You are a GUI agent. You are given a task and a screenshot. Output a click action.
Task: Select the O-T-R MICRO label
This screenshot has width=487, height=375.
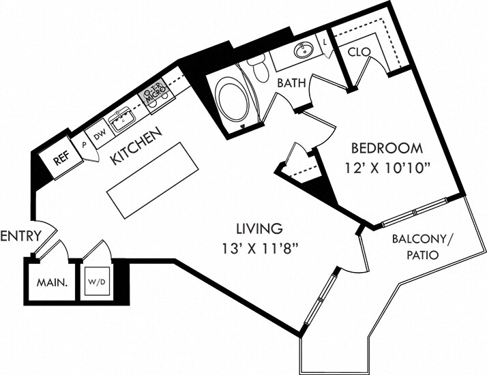(x=154, y=93)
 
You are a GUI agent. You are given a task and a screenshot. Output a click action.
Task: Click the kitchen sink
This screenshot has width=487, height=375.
(x=121, y=119)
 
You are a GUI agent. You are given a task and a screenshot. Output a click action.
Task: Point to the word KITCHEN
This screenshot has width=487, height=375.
(x=137, y=146)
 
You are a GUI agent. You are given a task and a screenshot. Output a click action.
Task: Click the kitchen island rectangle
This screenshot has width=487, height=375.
(x=153, y=181)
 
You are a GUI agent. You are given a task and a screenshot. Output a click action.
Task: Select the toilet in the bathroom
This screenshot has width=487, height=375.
(x=259, y=68)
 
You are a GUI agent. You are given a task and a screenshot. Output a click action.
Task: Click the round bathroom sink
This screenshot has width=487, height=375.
(x=304, y=50)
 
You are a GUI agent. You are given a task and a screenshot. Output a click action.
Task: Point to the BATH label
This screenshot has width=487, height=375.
(x=291, y=83)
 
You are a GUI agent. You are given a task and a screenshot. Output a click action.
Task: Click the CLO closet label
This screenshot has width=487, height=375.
(x=359, y=52)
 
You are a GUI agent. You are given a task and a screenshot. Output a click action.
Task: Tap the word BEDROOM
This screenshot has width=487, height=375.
(x=387, y=149)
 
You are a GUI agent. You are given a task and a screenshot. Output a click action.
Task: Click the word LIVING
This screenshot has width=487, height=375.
(x=260, y=229)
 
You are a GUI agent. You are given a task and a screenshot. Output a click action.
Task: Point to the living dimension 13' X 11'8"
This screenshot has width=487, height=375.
(x=260, y=249)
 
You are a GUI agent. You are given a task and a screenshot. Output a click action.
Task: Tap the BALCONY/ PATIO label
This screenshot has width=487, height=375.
(x=422, y=247)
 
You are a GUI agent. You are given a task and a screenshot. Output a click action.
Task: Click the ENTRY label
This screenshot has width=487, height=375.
(x=21, y=236)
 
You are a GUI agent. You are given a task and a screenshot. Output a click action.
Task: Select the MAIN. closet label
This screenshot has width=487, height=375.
(x=52, y=282)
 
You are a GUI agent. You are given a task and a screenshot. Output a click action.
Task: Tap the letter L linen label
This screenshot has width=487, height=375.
(x=325, y=42)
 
